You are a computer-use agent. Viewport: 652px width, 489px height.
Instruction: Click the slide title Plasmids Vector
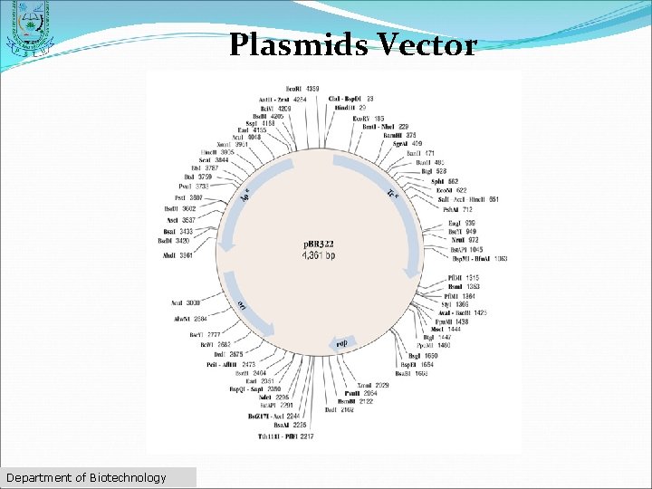[352, 44]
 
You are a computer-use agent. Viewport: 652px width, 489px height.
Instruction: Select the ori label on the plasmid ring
[243, 306]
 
